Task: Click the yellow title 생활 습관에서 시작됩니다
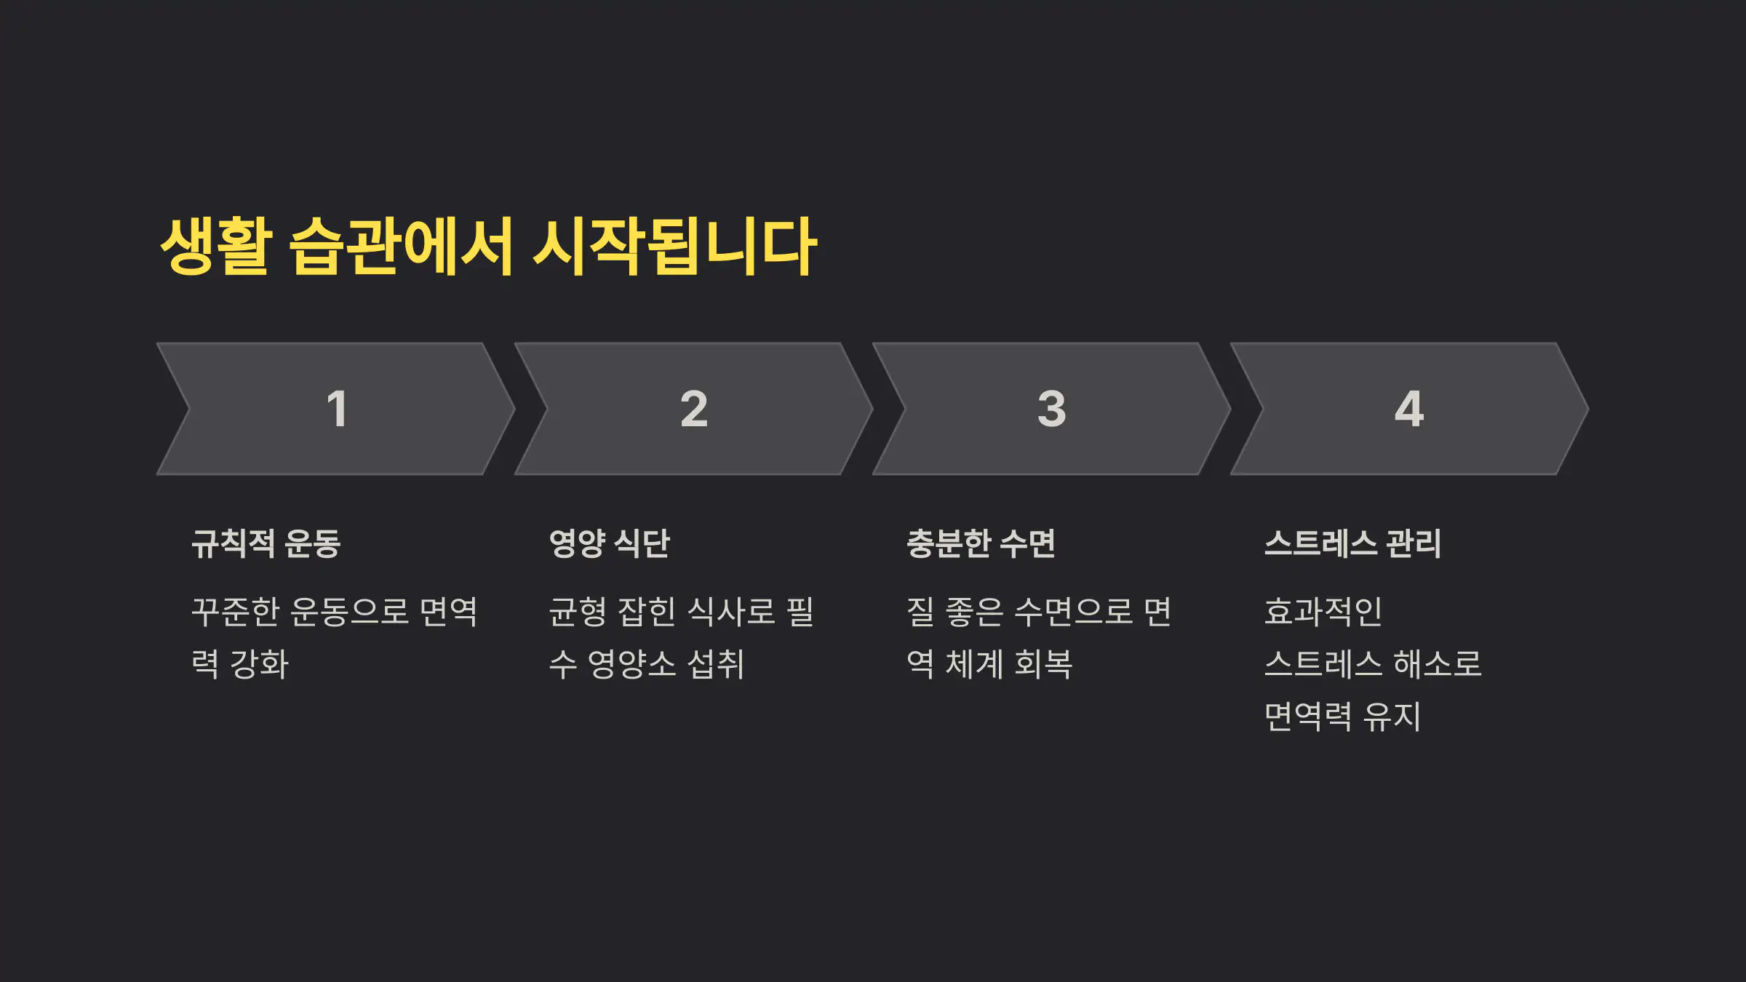click(488, 247)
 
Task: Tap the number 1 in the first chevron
click(336, 409)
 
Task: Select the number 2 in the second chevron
click(694, 409)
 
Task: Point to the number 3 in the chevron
click(1052, 409)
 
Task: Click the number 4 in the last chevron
click(1409, 409)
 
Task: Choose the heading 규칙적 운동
click(266, 543)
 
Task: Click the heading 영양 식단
click(610, 543)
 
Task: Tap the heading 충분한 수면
click(981, 543)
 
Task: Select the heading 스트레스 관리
click(1352, 543)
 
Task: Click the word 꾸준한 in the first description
click(235, 611)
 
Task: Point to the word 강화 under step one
click(259, 664)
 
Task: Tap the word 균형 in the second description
click(578, 611)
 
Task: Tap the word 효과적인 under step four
click(1323, 611)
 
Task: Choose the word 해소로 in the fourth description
click(1437, 664)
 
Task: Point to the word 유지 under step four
click(1391, 716)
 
